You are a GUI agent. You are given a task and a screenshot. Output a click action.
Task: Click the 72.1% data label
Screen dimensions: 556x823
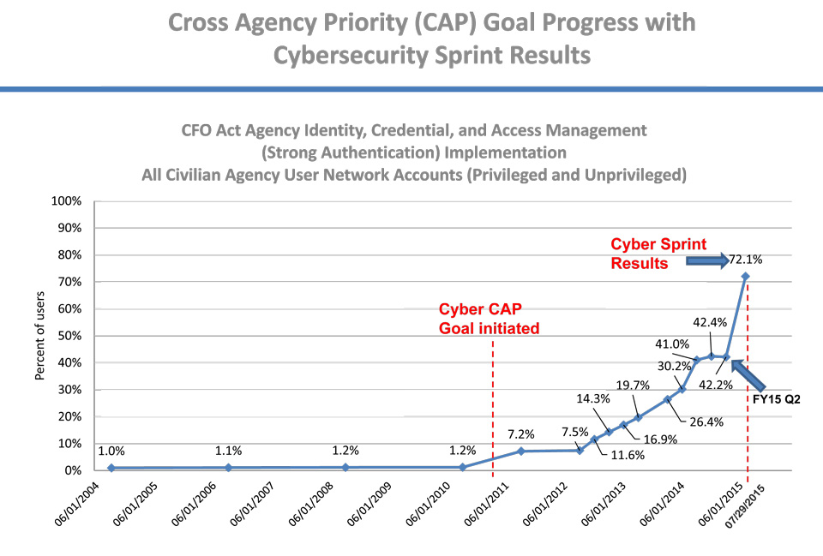point(747,259)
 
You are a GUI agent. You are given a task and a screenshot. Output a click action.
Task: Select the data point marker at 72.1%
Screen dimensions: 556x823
point(746,276)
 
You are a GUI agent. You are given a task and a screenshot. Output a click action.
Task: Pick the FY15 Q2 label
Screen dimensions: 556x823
point(777,399)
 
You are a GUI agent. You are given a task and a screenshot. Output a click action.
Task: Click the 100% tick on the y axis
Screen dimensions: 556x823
point(68,201)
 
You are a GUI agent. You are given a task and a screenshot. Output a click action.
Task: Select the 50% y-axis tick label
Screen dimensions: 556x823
point(70,336)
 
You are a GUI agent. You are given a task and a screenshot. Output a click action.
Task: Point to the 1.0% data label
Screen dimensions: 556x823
point(111,451)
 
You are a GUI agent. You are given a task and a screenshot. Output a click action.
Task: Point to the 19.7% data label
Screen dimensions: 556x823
point(634,385)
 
